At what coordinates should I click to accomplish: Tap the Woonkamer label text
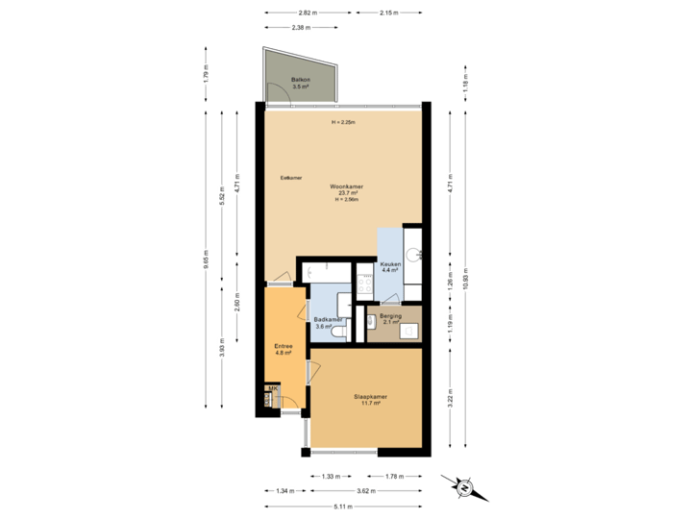click(x=345, y=185)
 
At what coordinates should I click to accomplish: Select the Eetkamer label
click(x=291, y=178)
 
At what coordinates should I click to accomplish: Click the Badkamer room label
click(x=326, y=320)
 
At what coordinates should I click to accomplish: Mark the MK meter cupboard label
click(x=273, y=388)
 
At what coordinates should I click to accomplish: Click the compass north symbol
click(x=464, y=487)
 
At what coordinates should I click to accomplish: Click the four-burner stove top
click(x=365, y=283)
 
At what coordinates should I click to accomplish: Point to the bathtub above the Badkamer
click(x=328, y=273)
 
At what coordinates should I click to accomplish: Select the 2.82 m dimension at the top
click(x=307, y=13)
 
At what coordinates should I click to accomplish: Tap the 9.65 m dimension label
click(x=206, y=259)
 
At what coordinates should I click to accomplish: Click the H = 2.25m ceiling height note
click(x=343, y=123)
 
